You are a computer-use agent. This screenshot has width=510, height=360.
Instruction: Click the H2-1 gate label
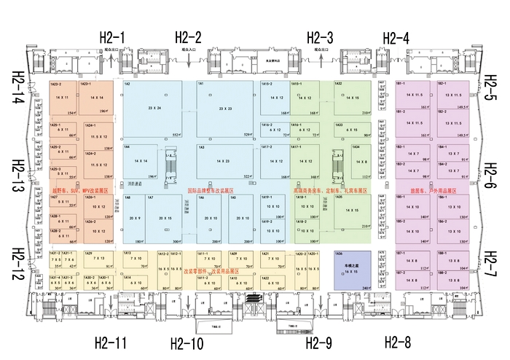pyautogui.click(x=112, y=37)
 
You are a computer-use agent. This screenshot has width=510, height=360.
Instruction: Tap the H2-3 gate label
pyautogui.click(x=320, y=37)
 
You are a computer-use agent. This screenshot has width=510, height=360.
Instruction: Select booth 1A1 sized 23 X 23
pyautogui.click(x=226, y=110)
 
